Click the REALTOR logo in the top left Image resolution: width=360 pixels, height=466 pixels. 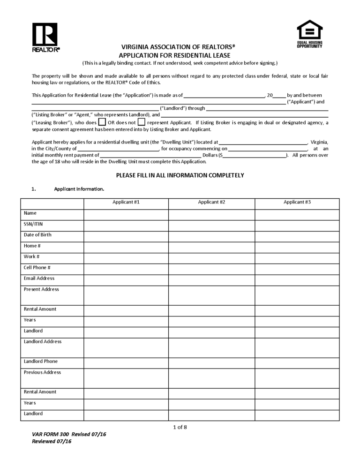[45, 37]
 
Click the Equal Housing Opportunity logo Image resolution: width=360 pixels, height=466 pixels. [310, 34]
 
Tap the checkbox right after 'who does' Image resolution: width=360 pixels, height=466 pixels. [102, 122]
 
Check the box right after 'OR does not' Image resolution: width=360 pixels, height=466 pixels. [142, 122]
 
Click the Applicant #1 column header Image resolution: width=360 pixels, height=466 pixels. [126, 202]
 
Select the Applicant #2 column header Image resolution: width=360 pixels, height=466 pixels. [211, 202]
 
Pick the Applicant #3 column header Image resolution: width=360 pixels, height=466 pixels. [297, 202]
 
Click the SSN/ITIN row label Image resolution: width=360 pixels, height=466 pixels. [33, 224]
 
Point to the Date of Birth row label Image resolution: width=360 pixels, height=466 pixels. [37, 234]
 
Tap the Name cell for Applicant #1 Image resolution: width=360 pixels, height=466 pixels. [126, 214]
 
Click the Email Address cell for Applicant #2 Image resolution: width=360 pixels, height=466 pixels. [211, 278]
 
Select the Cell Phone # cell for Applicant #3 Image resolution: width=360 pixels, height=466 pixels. [297, 268]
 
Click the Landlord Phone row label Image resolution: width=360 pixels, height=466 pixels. [41, 361]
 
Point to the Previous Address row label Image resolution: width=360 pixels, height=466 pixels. [42, 372]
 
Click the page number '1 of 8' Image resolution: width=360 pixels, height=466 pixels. [180, 427]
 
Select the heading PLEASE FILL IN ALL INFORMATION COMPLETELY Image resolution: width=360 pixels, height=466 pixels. [180, 175]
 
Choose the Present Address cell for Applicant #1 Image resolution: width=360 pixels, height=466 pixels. [126, 294]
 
